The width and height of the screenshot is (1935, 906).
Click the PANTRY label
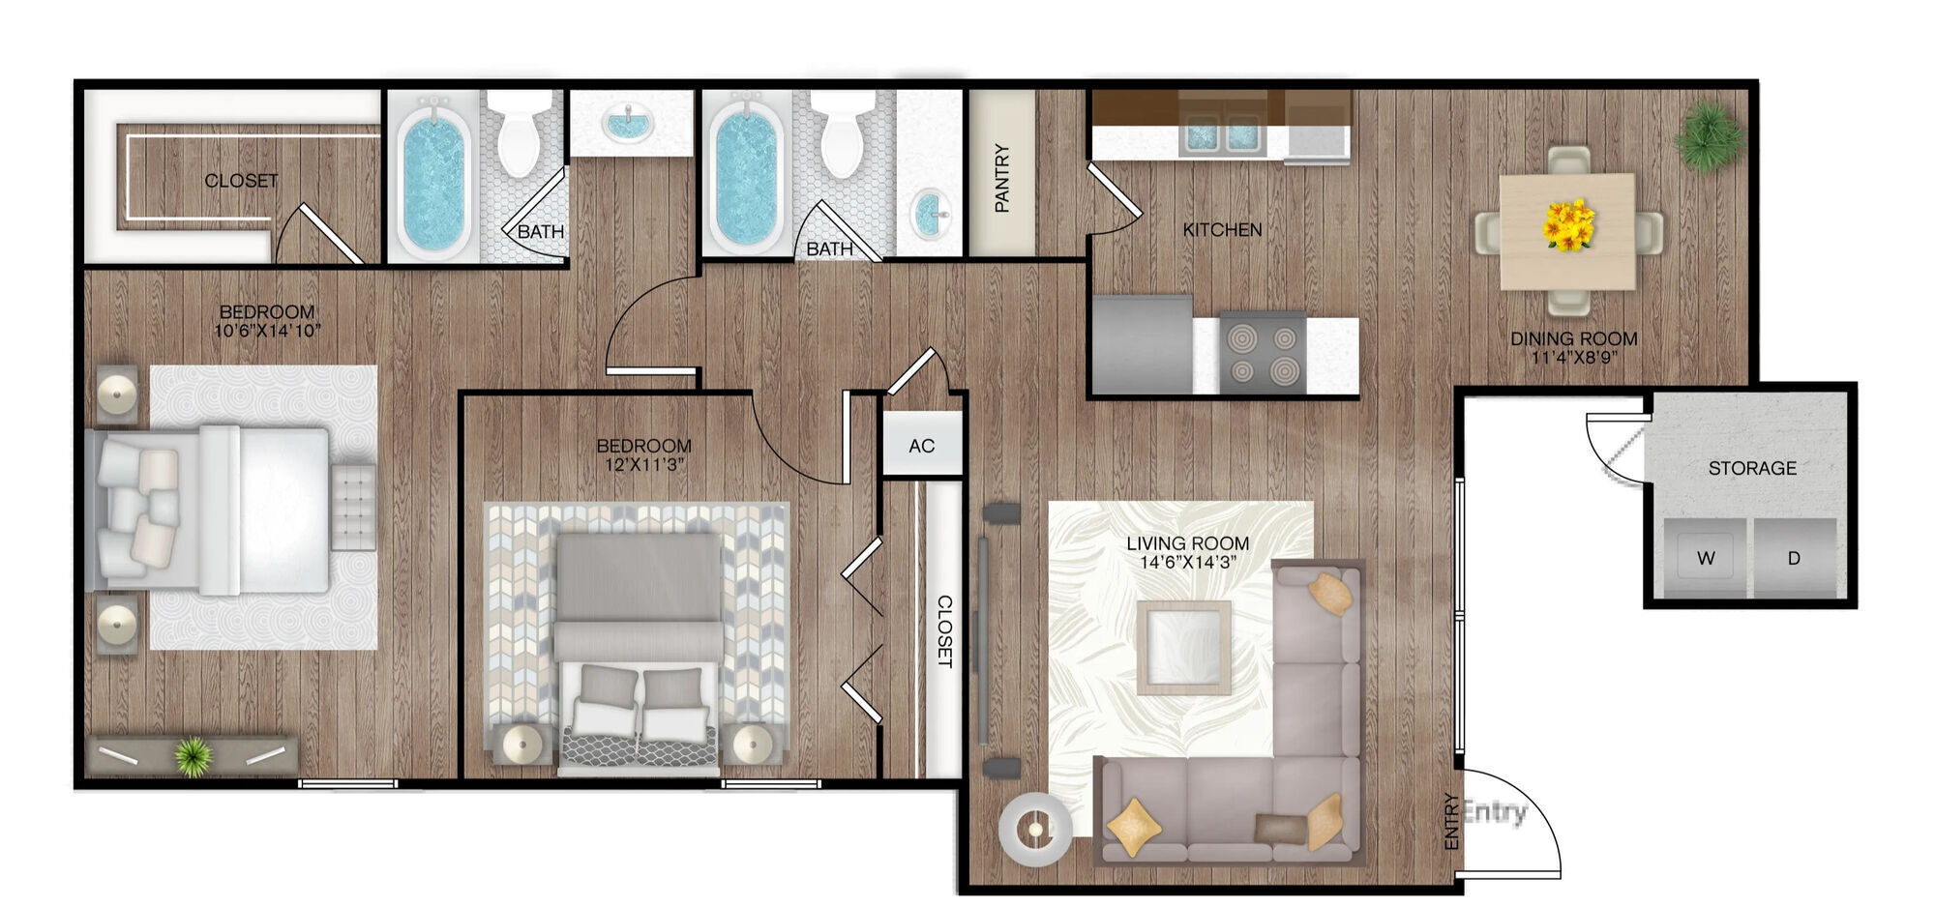tap(1001, 178)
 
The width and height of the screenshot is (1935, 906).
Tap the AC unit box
tap(921, 446)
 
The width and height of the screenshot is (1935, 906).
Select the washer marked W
tap(1706, 558)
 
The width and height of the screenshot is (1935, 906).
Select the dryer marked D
tap(1794, 558)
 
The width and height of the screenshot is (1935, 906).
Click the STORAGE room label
tap(1752, 468)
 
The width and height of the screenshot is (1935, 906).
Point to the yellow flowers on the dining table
tap(1568, 225)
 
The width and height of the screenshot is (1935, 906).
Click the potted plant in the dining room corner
tap(1710, 137)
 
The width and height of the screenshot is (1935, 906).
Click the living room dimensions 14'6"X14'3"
tap(1187, 562)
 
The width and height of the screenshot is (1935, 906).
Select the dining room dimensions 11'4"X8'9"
tap(1574, 357)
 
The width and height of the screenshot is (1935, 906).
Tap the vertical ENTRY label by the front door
tap(1450, 821)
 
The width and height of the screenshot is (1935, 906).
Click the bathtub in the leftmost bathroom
tap(432, 180)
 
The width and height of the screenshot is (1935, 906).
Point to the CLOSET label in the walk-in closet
tap(241, 181)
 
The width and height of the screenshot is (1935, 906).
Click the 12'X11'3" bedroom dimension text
tap(643, 464)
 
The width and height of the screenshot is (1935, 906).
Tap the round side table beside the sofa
tap(1035, 829)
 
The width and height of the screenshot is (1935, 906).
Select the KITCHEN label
tap(1222, 230)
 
